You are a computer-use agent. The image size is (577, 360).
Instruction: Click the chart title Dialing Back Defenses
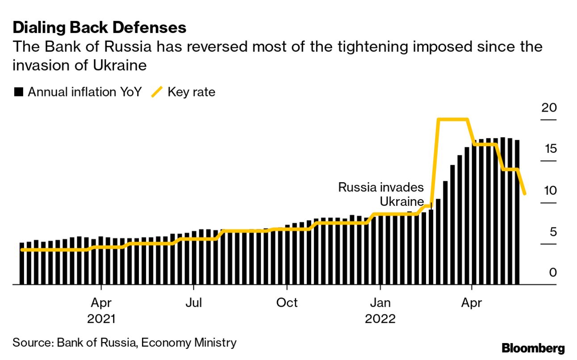point(99,28)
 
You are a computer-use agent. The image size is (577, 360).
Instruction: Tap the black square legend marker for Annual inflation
point(19,92)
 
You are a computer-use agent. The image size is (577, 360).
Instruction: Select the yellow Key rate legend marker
point(157,92)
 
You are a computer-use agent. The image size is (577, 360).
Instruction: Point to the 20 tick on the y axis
point(548,108)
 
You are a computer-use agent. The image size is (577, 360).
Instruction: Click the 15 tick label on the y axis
point(548,149)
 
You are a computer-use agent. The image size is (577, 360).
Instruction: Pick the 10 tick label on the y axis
point(548,190)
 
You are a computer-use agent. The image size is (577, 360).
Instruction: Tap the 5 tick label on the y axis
point(552,232)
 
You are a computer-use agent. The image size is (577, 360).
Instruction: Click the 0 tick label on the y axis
point(552,272)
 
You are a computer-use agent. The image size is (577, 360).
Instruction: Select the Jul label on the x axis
point(194,303)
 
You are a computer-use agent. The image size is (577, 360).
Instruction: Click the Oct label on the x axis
point(287,303)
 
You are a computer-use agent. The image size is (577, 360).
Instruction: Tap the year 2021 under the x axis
point(101,319)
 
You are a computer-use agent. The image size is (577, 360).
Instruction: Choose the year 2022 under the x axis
point(380,319)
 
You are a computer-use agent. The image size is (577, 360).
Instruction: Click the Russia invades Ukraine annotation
point(380,194)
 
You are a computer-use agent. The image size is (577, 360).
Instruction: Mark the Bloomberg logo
point(533,348)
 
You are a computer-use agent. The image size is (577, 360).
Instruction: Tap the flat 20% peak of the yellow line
point(453,119)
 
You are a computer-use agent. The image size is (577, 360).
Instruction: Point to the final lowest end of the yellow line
point(525,193)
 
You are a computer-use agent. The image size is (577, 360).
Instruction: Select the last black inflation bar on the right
point(517,212)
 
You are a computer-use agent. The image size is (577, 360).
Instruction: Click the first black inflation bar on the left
point(22,263)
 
